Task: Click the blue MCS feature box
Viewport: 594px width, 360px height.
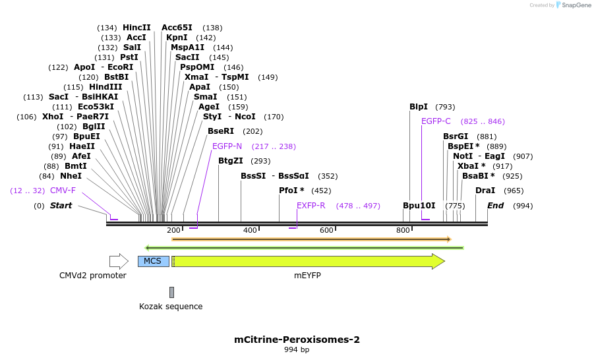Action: [x=154, y=261]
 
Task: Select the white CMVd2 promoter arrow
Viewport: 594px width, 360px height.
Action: [x=119, y=261]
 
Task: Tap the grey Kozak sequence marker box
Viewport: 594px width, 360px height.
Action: [x=171, y=292]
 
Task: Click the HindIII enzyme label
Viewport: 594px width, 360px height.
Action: [x=105, y=87]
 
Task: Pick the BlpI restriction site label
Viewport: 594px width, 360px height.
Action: [x=419, y=107]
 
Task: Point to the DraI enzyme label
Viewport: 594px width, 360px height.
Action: [x=485, y=191]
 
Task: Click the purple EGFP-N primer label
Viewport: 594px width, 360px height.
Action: [x=227, y=146]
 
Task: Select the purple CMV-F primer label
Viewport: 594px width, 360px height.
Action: [x=63, y=191]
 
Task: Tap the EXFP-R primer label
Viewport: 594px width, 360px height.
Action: [x=311, y=206]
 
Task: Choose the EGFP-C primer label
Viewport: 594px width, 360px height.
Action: [x=436, y=121]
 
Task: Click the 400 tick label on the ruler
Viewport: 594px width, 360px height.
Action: [x=250, y=230]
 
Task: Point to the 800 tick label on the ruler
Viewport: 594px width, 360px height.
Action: [x=403, y=230]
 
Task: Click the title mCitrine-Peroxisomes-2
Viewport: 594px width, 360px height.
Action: [x=297, y=339]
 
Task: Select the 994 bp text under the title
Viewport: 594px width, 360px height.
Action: [x=297, y=349]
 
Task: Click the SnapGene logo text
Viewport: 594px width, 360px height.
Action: [x=576, y=5]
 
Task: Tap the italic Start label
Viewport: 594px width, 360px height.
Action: [x=61, y=206]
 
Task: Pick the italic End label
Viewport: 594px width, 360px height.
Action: [x=496, y=206]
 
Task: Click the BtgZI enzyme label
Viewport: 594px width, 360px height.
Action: [x=231, y=161]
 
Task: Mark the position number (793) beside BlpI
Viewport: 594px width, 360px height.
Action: [x=445, y=107]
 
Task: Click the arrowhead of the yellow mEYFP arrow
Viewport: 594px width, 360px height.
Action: [x=438, y=262]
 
